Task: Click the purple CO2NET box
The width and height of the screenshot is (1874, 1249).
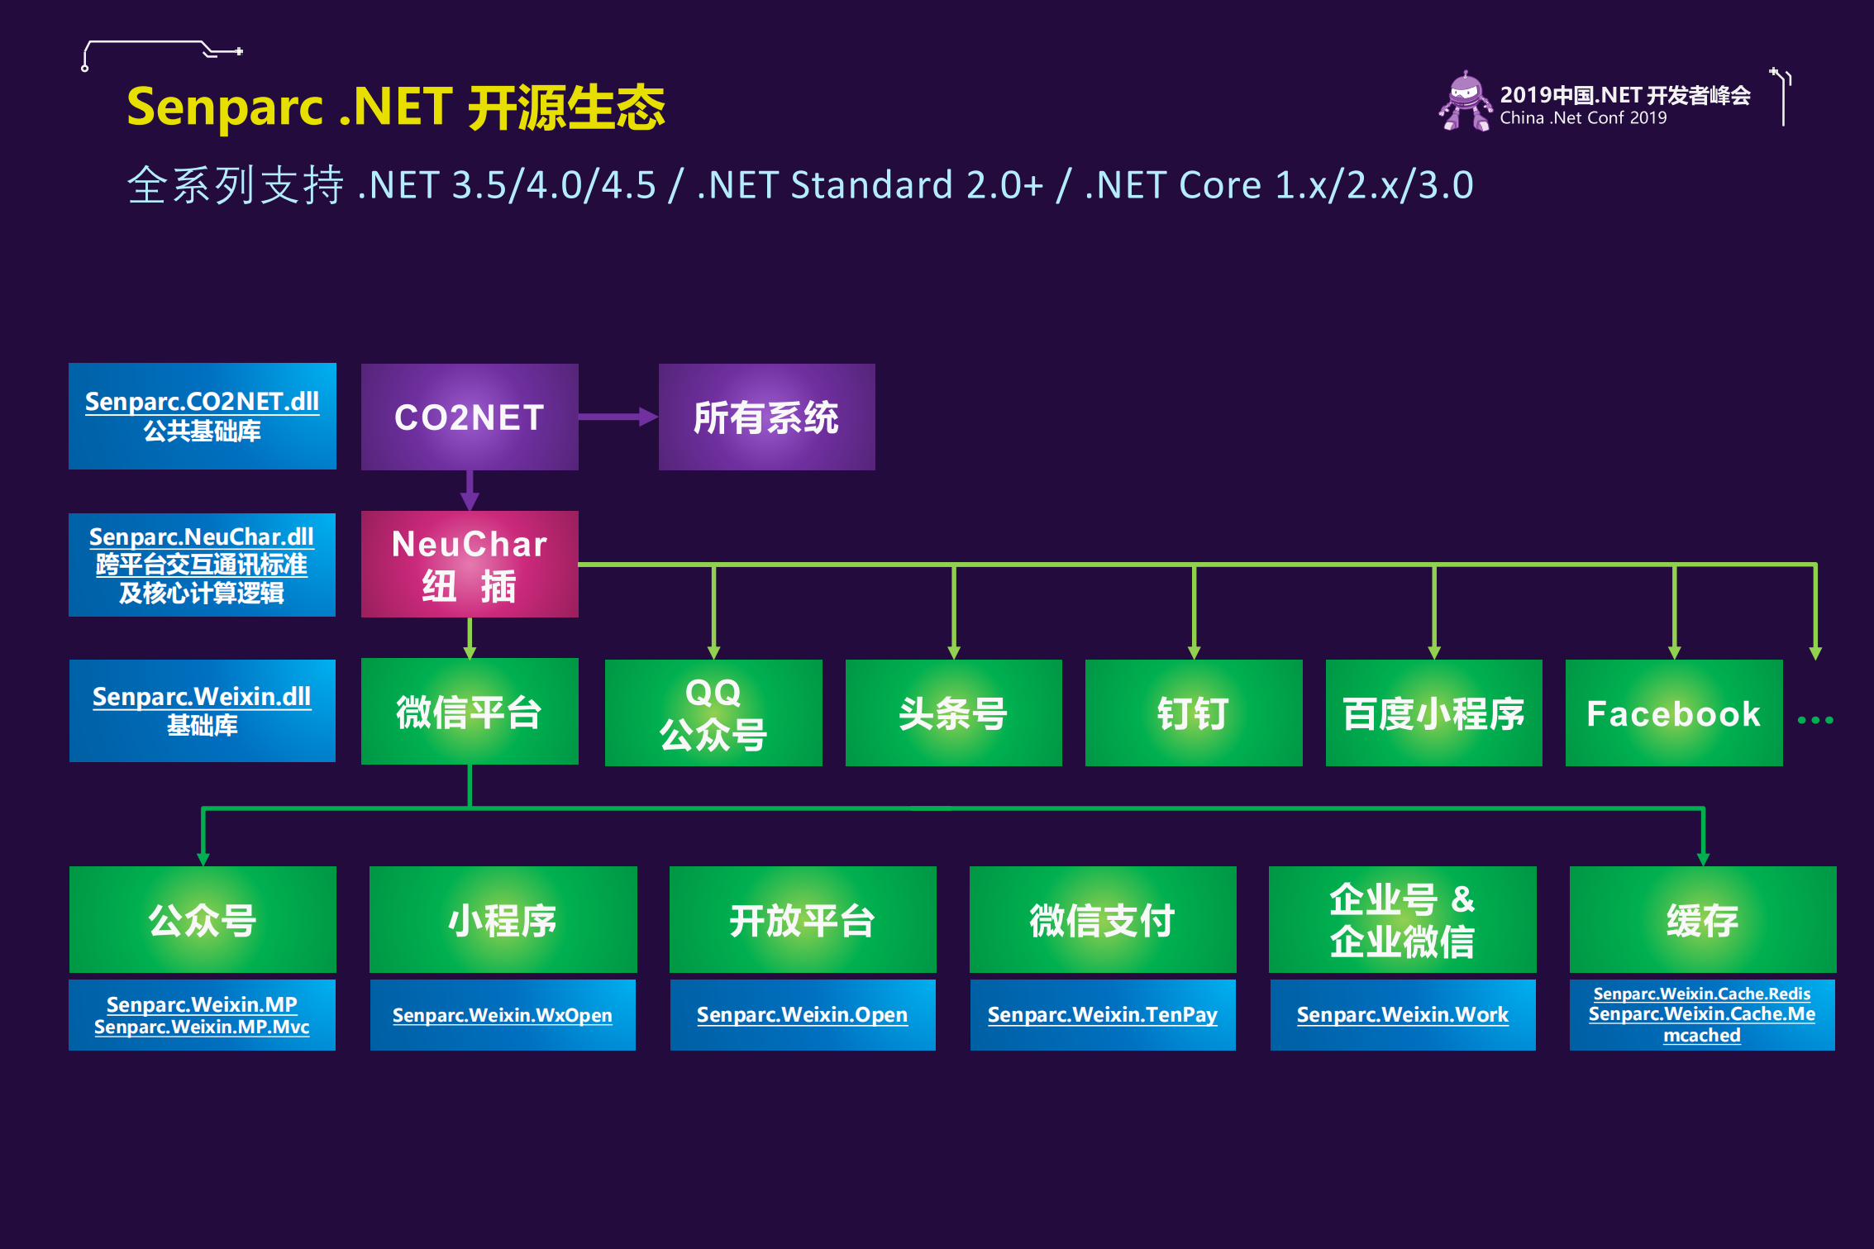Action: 470,417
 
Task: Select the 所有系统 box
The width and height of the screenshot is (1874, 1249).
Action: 766,417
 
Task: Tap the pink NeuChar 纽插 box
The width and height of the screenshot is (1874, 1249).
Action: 470,564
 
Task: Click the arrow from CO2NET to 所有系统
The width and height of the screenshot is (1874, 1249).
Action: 617,417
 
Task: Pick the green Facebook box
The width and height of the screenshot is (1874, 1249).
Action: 1673,713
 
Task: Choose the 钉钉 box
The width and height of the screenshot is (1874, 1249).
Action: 1193,713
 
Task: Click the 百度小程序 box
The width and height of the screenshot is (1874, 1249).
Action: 1433,713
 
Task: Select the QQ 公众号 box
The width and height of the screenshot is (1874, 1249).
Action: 713,713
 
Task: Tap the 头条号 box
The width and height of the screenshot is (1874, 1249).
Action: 953,713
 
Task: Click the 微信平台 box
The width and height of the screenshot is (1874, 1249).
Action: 470,711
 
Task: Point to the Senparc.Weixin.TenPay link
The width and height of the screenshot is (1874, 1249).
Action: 1102,1014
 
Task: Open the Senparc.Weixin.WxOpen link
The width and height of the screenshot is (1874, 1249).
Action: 502,1015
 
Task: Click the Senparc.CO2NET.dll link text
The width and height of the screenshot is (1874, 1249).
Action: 202,402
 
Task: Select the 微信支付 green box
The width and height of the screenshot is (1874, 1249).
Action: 1102,919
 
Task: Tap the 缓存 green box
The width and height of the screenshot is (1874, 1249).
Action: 1702,919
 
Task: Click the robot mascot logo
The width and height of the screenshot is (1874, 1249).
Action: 1465,101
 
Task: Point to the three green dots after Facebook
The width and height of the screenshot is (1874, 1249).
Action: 1815,720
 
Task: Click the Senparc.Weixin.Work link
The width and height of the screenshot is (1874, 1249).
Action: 1402,1014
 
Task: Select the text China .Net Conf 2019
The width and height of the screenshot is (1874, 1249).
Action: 1583,118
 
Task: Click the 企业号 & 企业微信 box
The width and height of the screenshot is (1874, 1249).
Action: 1402,919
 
